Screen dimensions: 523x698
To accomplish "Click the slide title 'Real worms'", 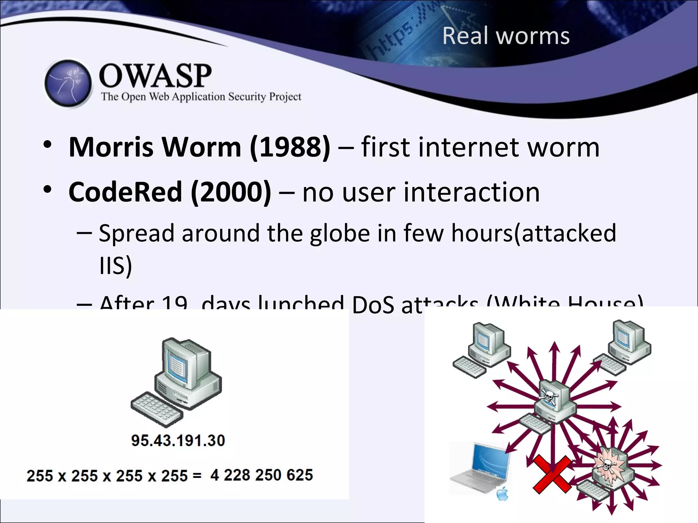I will pos(506,36).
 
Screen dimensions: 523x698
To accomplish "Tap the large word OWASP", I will pos(155,75).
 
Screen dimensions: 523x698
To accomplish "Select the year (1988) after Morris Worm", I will pos(290,147).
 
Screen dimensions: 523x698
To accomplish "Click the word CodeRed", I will pos(125,192).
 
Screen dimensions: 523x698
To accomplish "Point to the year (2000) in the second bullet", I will pos(231,192).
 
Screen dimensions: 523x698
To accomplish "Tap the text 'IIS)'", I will pos(115,266).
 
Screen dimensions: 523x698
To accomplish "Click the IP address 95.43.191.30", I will pos(178,441).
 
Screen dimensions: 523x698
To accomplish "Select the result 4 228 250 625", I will pos(261,475).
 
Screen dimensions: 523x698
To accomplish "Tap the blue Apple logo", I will pos(503,494).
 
